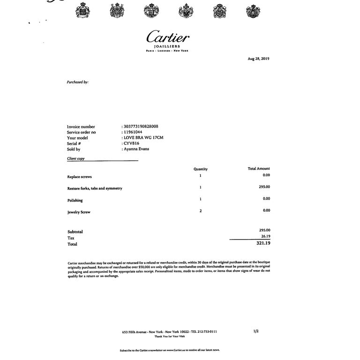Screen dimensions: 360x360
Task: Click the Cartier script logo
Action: [168, 37]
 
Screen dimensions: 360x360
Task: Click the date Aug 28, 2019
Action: [258, 59]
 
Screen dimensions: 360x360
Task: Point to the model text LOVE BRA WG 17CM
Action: [143, 138]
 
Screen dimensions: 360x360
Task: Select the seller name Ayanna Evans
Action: [136, 149]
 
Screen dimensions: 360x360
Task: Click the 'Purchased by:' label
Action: [77, 82]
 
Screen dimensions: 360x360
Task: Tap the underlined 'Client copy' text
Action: [76, 159]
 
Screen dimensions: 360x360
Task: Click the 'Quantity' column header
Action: [200, 169]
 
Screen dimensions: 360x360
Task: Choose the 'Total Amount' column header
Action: [259, 169]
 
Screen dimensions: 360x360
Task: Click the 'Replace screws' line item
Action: [79, 177]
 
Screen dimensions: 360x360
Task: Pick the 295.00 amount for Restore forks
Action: [264, 187]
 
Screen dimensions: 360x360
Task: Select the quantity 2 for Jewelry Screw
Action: [201, 211]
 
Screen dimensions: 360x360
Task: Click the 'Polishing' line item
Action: [75, 201]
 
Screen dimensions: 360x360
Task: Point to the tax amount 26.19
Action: [265, 236]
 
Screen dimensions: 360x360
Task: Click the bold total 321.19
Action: [264, 243]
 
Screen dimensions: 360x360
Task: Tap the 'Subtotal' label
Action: [75, 232]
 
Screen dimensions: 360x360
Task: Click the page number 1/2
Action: [256, 331]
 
